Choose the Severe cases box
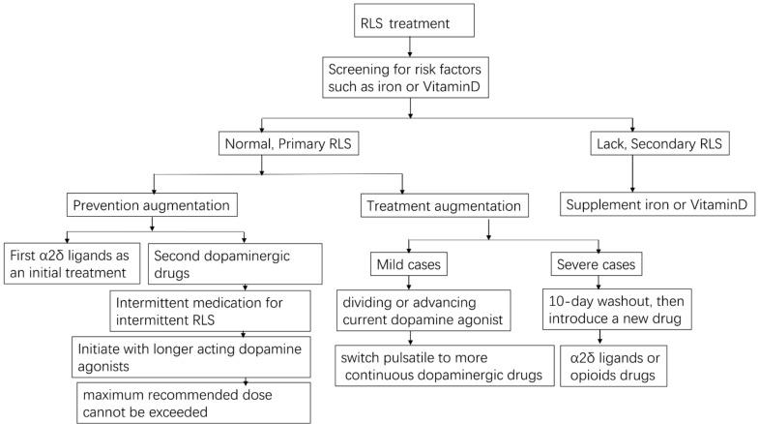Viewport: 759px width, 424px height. pos(599,261)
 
